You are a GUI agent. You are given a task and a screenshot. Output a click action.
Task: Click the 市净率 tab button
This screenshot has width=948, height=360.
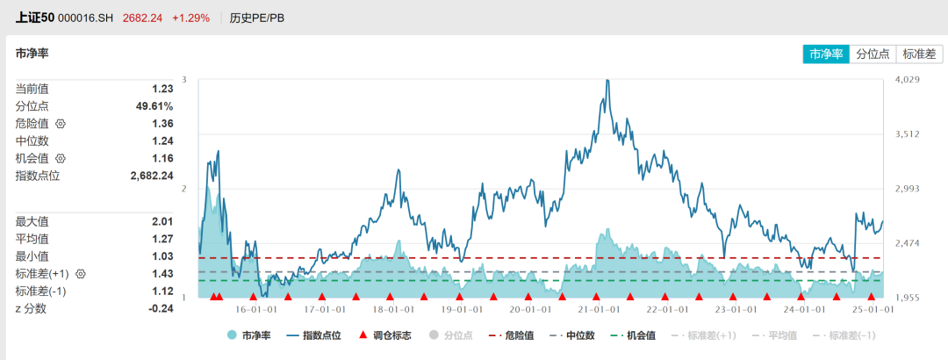pyautogui.click(x=826, y=54)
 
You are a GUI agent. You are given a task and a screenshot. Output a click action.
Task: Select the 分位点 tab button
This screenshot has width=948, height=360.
pyautogui.click(x=873, y=54)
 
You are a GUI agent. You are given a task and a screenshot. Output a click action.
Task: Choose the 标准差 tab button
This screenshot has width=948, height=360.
pyautogui.click(x=919, y=54)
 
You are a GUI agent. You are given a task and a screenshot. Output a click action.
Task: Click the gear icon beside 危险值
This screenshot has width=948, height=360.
pyautogui.click(x=61, y=124)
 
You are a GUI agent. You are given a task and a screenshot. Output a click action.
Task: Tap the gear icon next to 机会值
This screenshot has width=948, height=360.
pyautogui.click(x=61, y=159)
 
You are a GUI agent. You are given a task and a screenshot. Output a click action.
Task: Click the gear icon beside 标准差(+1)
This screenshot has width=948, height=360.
pyautogui.click(x=81, y=274)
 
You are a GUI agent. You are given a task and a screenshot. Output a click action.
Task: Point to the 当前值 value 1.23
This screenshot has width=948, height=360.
pyautogui.click(x=162, y=89)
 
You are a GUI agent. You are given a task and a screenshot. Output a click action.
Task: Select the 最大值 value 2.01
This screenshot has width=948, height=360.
pyautogui.click(x=162, y=221)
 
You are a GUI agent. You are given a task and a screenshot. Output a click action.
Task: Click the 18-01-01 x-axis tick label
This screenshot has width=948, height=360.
pyautogui.click(x=390, y=309)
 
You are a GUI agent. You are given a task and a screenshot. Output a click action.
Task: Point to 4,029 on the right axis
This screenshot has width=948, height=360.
pyautogui.click(x=907, y=80)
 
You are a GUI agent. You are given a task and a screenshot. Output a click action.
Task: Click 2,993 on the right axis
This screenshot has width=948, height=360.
pyautogui.click(x=907, y=189)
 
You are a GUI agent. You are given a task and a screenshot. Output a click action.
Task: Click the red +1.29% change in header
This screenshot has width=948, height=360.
pyautogui.click(x=190, y=18)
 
